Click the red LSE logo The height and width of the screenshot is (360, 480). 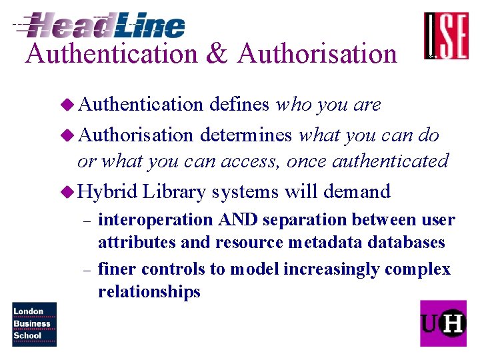tap(446, 36)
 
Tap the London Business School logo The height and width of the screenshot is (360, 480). tap(34, 324)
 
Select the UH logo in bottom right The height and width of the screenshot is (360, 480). tap(443, 323)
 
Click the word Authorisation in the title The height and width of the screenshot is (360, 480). tap(317, 53)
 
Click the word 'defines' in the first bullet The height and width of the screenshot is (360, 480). tap(239, 105)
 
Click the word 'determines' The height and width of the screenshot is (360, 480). tap(245, 135)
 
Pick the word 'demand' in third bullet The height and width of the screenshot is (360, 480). tap(357, 192)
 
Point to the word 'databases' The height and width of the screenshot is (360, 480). tap(406, 242)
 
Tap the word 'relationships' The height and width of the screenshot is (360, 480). tap(149, 291)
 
